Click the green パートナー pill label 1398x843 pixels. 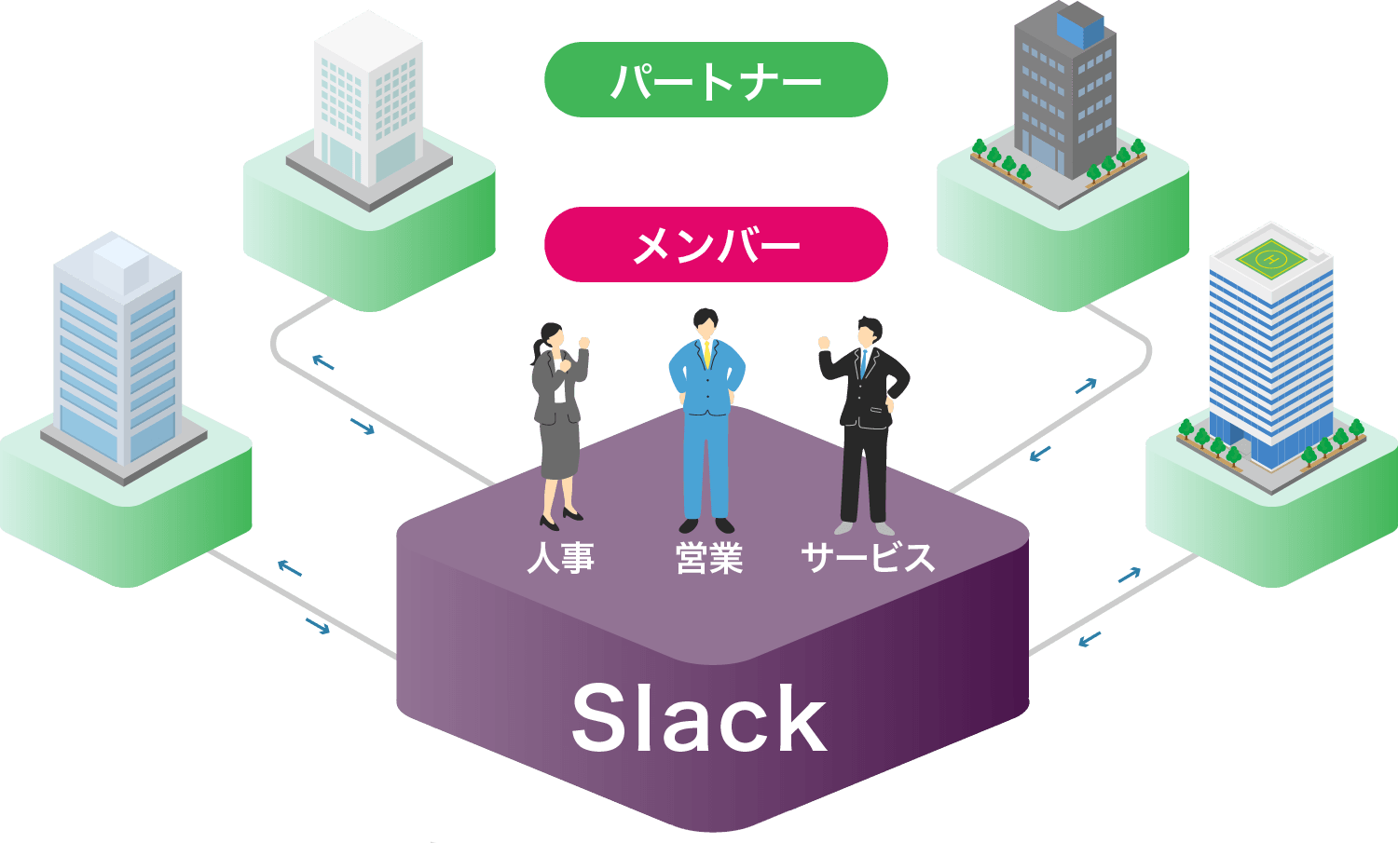click(x=716, y=80)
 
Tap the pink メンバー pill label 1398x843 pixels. click(x=716, y=245)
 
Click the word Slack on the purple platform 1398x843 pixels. click(x=699, y=719)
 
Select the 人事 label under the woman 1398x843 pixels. click(x=561, y=559)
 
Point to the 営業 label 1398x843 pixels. click(x=709, y=559)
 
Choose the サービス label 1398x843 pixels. click(x=867, y=559)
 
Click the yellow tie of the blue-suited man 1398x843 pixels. click(x=707, y=355)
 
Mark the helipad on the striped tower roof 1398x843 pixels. click(x=1269, y=258)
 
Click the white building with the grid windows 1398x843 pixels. click(x=369, y=107)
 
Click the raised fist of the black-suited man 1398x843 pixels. click(x=823, y=343)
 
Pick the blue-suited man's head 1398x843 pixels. click(x=706, y=324)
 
